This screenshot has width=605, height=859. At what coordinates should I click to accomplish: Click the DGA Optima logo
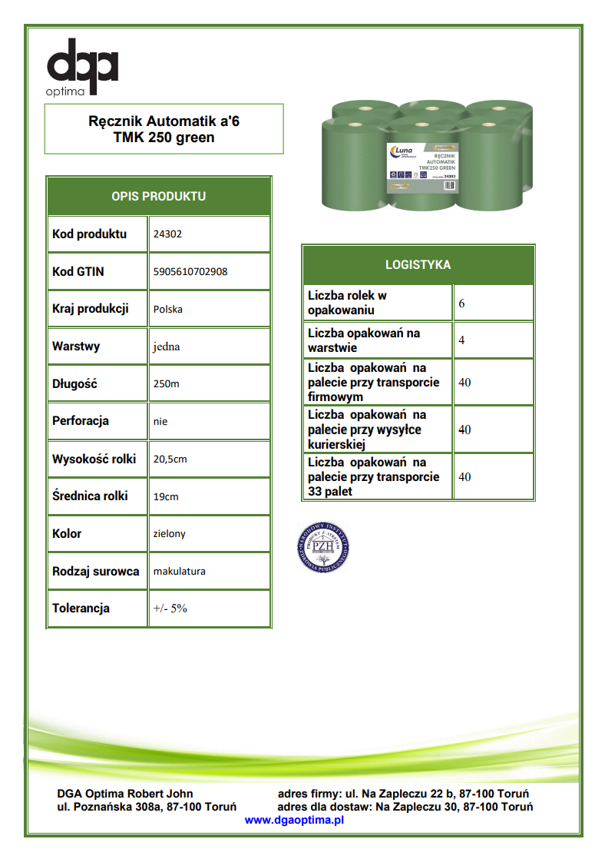83,68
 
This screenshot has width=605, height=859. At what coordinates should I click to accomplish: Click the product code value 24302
167,234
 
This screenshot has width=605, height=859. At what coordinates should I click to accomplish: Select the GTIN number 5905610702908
190,271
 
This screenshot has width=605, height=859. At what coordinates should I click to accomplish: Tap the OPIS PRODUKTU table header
159,196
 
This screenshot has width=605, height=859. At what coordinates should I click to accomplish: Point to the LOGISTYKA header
418,265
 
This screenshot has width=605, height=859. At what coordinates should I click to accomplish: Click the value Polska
168,309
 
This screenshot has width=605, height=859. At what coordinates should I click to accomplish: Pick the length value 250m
167,383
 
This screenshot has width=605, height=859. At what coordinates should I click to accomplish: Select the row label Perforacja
81,421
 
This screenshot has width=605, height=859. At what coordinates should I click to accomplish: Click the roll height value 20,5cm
170,459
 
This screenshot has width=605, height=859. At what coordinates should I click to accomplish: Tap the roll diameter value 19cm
166,496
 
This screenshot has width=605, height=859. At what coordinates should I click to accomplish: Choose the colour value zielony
170,533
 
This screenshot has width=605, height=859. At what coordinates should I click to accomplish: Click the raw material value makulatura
180,571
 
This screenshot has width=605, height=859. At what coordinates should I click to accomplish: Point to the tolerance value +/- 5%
170,608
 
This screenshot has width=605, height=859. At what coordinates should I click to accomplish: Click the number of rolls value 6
461,303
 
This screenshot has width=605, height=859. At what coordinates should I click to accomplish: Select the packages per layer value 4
461,340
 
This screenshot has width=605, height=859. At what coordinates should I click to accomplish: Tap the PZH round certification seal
324,546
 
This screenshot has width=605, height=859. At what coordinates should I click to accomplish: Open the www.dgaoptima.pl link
294,820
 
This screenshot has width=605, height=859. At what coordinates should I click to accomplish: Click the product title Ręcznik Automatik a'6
164,121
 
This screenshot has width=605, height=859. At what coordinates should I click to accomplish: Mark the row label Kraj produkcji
90,309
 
